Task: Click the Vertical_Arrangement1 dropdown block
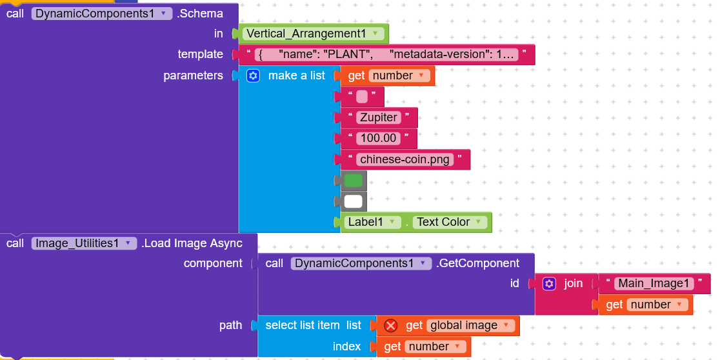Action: point(313,34)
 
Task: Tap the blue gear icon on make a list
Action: point(253,75)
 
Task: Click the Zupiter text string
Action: point(379,117)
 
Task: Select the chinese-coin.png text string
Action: point(405,159)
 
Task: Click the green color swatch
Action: point(353,181)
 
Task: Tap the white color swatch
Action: point(353,201)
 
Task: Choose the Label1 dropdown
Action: point(371,222)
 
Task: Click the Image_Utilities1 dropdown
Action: point(84,243)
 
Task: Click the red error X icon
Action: point(391,326)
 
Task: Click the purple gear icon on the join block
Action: point(549,284)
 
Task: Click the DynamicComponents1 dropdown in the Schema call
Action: point(101,14)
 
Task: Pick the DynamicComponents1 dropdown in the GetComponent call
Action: point(361,263)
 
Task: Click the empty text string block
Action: point(363,96)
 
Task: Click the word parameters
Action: point(194,75)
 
